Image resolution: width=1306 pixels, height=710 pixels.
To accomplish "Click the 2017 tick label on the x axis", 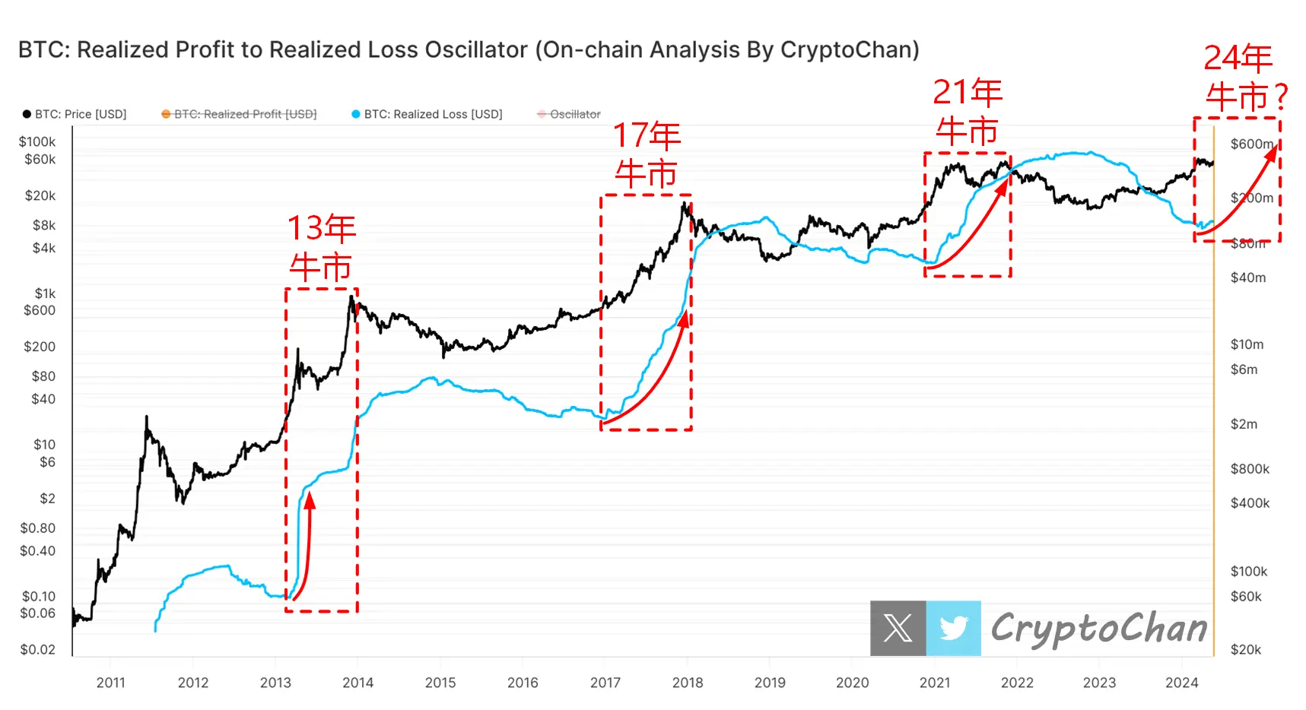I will (x=605, y=683).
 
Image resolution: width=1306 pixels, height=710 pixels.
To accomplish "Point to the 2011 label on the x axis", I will (x=110, y=683).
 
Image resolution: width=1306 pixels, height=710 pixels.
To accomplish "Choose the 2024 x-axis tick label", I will (x=1181, y=683).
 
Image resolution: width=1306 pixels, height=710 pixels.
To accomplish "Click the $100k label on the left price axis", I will (x=37, y=142).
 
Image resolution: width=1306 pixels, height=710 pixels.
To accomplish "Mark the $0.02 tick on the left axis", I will (x=37, y=649).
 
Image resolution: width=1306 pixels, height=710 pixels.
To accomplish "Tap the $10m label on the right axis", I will (x=1247, y=344).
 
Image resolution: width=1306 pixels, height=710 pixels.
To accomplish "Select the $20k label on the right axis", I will (x=1245, y=649).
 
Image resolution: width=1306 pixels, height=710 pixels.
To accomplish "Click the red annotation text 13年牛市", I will (x=321, y=248).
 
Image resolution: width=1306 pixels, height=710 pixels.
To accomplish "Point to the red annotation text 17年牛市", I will (x=647, y=155).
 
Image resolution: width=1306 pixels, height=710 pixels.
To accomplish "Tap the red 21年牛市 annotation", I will (x=967, y=112).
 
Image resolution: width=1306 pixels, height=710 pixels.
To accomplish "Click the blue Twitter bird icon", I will (x=953, y=629).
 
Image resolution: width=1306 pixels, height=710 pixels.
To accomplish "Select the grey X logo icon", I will (x=898, y=629).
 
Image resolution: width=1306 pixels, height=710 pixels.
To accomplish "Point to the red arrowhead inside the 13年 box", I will (x=310, y=499).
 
